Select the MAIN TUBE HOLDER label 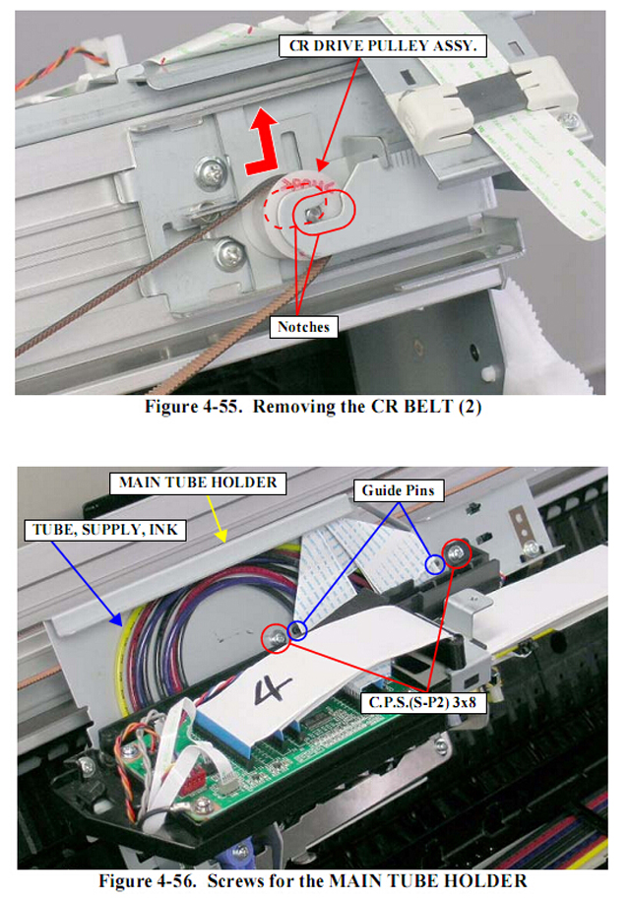[198, 483]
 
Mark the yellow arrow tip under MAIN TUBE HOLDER [224, 541]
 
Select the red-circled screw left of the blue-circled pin [277, 639]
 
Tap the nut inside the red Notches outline [313, 212]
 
